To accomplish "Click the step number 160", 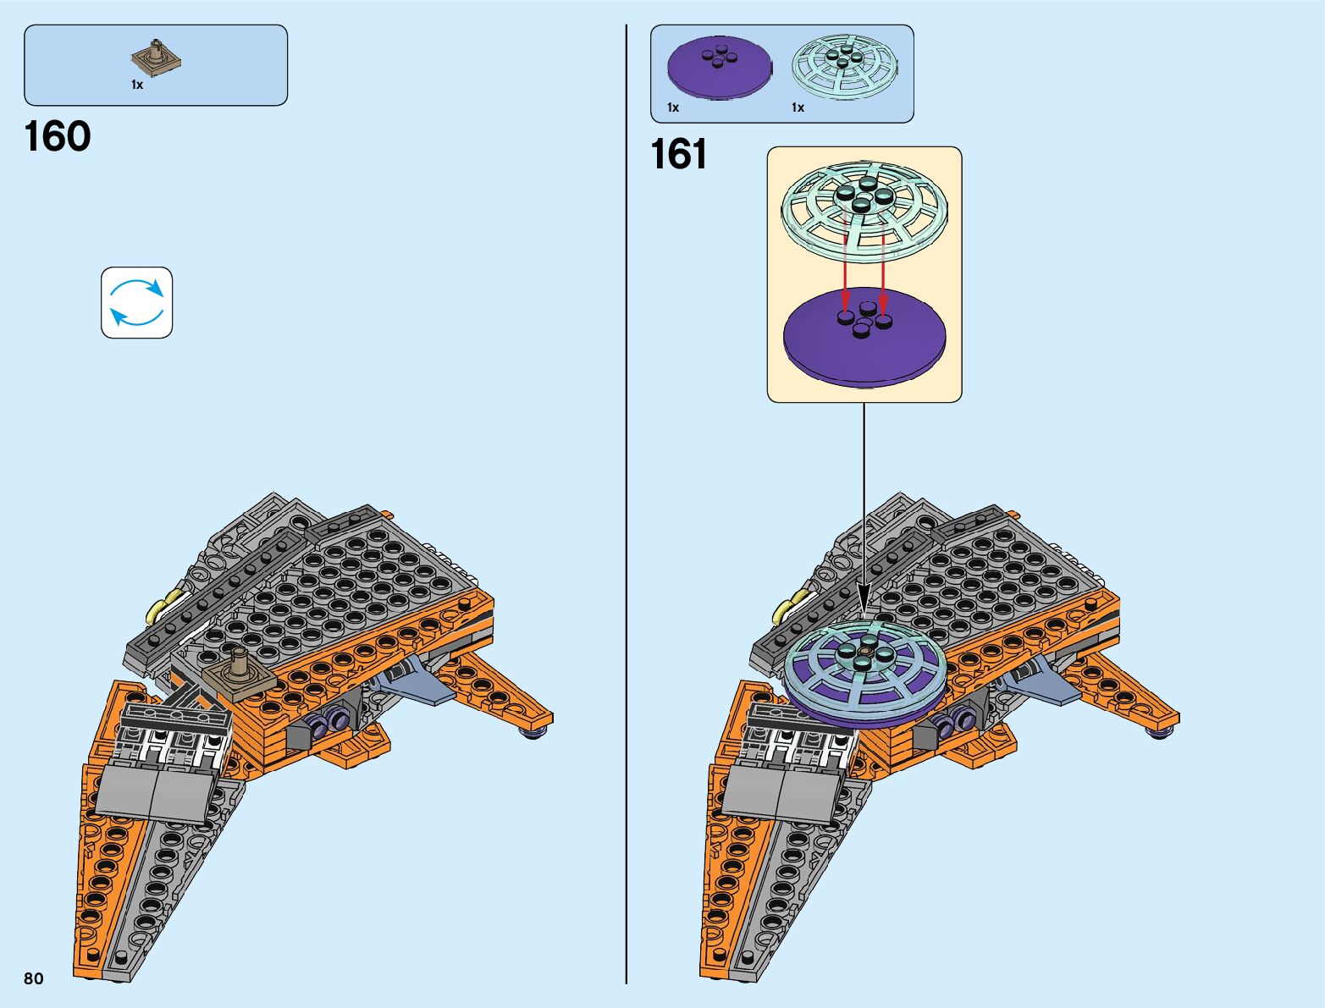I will [x=58, y=137].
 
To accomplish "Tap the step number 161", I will [x=678, y=155].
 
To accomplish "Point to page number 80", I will [x=34, y=978].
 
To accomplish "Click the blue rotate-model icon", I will [x=137, y=303].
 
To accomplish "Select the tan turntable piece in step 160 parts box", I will [x=157, y=58].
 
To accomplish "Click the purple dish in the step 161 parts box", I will [x=719, y=68].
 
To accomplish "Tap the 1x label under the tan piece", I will [x=137, y=85].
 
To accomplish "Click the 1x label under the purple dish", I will [x=673, y=107].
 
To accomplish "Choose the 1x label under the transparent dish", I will [x=798, y=107].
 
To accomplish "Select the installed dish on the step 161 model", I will [x=864, y=673].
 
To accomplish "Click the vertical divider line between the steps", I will [x=627, y=508].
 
